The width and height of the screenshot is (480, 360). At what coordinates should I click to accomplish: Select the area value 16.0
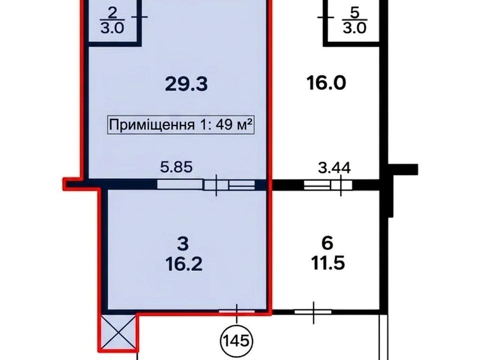click(326, 83)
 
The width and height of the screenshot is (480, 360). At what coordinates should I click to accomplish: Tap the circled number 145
click(237, 340)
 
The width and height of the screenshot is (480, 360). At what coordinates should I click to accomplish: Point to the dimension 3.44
click(334, 168)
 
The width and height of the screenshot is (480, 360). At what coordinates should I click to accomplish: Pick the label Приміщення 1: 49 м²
click(181, 124)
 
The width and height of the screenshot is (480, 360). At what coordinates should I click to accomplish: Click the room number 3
click(183, 244)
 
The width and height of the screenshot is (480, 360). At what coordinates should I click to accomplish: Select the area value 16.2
click(183, 263)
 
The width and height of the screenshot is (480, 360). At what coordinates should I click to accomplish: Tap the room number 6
click(327, 243)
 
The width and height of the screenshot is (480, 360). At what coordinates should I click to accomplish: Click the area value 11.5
click(328, 262)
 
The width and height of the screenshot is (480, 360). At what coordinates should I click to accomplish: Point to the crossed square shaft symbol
click(118, 332)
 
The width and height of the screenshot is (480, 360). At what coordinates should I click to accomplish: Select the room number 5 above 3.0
click(354, 13)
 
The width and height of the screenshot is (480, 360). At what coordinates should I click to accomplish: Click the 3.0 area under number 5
click(354, 28)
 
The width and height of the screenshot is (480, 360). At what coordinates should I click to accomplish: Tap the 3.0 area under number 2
click(112, 28)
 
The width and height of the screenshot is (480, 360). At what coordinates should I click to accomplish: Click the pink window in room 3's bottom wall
click(236, 311)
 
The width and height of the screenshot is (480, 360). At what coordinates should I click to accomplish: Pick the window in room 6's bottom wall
click(313, 312)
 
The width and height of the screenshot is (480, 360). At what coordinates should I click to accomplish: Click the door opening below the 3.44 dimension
click(328, 185)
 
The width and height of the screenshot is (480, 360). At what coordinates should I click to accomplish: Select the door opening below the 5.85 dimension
click(205, 184)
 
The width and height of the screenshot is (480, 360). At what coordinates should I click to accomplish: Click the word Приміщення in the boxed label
click(152, 125)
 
